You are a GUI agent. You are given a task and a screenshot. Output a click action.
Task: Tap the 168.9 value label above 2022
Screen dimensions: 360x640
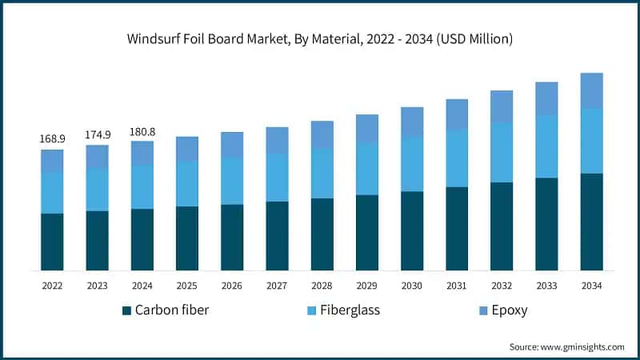(52, 138)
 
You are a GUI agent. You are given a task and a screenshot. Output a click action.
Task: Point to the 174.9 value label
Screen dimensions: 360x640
(97, 134)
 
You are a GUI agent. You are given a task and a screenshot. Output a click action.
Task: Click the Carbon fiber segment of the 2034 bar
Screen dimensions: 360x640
(591, 222)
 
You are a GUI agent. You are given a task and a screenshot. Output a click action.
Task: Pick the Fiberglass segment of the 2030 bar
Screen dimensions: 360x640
(412, 164)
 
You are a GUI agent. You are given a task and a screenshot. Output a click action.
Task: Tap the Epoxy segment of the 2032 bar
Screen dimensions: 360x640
(502, 106)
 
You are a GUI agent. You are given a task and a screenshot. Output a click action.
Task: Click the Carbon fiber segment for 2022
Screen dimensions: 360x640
(52, 242)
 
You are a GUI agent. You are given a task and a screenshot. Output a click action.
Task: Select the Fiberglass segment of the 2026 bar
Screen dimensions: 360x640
(232, 181)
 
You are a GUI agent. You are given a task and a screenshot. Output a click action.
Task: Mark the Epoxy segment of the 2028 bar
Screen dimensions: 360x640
(322, 134)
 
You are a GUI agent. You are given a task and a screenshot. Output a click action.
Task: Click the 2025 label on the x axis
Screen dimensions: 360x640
(187, 286)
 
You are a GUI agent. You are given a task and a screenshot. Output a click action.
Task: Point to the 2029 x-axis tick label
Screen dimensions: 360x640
(367, 286)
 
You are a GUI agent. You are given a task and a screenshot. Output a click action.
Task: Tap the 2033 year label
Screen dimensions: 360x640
(546, 286)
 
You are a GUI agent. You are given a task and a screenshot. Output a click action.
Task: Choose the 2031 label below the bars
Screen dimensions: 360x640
(457, 286)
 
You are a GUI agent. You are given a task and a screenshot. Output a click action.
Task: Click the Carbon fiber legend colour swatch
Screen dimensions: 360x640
(126, 310)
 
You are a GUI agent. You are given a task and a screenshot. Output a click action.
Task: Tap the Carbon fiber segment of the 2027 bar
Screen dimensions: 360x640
(277, 236)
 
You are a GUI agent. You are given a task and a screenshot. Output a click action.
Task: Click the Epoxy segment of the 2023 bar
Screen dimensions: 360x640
(97, 157)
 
